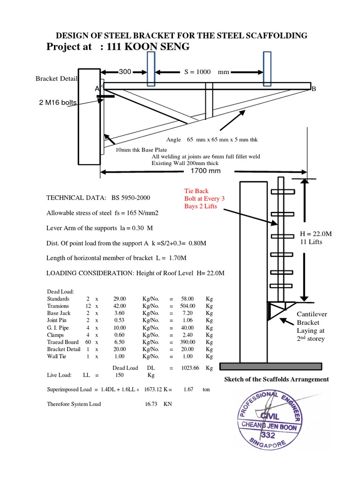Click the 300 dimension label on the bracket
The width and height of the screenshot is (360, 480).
[125, 72]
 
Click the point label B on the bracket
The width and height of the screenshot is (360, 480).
[314, 89]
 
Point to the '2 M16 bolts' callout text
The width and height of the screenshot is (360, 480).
[57, 103]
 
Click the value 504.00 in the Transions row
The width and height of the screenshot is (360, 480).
[190, 307]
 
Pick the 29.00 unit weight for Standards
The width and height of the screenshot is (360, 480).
[120, 298]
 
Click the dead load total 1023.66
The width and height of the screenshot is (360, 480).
[191, 368]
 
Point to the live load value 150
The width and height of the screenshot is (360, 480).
[120, 375]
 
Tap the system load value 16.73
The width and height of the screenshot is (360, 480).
[151, 404]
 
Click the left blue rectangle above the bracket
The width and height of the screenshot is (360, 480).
[150, 68]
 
